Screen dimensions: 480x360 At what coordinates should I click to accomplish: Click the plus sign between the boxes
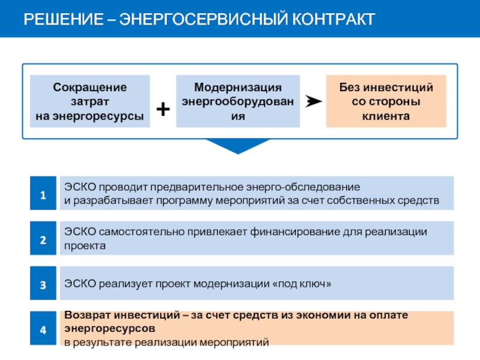click(163, 109)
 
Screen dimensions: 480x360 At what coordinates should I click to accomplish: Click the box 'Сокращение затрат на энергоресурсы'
click(90, 101)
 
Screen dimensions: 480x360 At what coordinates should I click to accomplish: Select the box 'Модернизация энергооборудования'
click(238, 101)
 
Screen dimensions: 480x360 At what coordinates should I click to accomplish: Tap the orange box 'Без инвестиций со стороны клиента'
click(386, 101)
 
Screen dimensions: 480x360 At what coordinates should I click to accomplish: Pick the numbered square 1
click(43, 194)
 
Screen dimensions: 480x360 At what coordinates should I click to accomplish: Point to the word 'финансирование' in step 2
click(302, 232)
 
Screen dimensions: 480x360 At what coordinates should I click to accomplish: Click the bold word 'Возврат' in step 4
click(88, 315)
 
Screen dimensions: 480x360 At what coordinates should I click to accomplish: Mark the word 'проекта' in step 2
click(85, 246)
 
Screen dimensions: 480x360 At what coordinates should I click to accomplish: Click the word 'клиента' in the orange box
click(386, 116)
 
